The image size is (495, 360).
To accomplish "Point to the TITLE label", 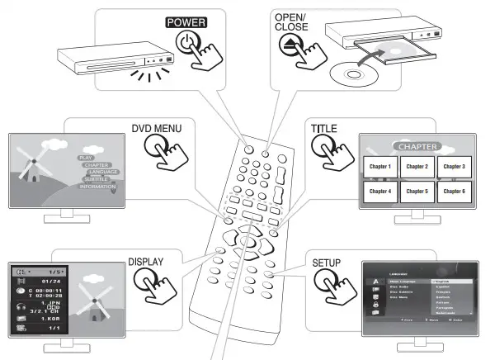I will [x=323, y=130].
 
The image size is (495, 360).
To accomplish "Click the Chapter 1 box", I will [x=379, y=166].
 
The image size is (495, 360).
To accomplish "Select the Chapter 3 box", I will [x=455, y=166].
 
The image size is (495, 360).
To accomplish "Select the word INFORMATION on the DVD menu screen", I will [x=97, y=187].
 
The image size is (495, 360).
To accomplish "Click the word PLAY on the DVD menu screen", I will [x=85, y=156].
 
